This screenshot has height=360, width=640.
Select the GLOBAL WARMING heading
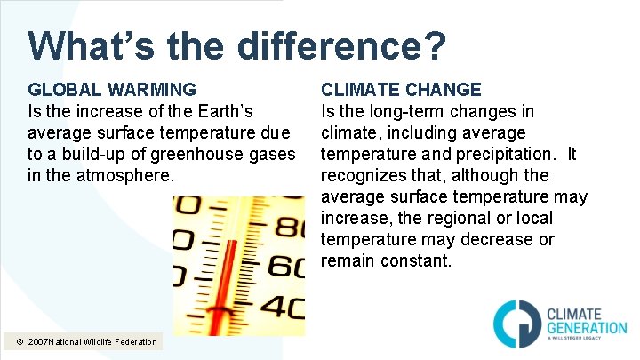(x=113, y=89)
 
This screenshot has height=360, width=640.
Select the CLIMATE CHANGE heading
(x=401, y=89)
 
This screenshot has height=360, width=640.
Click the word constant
(x=417, y=260)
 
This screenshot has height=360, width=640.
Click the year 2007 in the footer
(x=40, y=341)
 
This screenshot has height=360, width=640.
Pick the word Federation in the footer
(x=136, y=341)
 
